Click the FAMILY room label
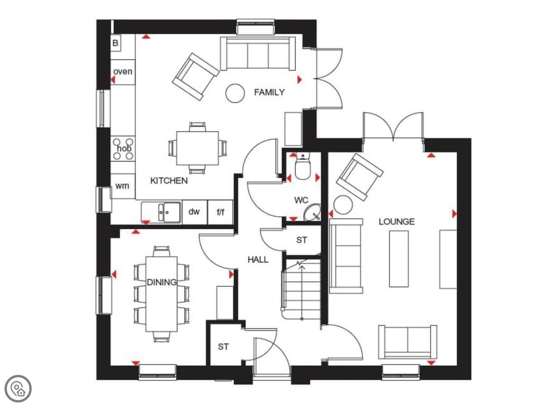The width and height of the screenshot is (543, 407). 269,92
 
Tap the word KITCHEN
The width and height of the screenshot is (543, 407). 169,180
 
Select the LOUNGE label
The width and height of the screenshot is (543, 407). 396,222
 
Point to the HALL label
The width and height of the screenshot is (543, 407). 258,260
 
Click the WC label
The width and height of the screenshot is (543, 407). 301,200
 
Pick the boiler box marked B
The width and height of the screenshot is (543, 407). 115,43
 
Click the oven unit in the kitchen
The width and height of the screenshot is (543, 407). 123,72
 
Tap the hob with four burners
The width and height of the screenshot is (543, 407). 123,148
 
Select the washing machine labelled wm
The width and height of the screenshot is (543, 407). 123,186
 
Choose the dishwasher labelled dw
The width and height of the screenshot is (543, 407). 195,212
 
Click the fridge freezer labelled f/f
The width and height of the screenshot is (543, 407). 220,212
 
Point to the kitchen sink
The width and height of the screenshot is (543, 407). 161,212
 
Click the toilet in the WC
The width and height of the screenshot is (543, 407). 302,166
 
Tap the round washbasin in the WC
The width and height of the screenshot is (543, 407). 312,212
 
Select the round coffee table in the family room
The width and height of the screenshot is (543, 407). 235,93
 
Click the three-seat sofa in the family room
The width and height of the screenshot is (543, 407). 258,54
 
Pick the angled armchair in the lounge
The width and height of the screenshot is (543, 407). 360,177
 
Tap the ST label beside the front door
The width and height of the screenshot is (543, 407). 224,347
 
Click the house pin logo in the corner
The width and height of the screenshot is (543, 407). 18,388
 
